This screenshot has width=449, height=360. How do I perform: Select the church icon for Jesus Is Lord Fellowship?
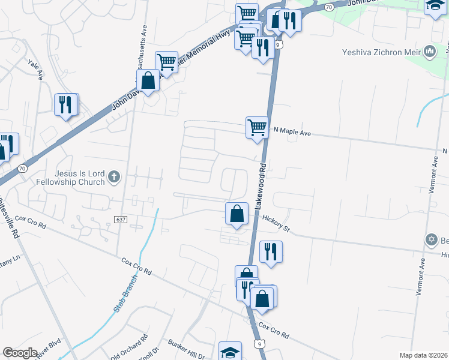[x=115, y=176]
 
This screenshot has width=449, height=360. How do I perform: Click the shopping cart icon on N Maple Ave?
[x=257, y=128]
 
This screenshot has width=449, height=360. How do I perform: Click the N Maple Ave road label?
[x=292, y=131]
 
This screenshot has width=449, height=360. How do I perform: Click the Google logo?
[x=20, y=353]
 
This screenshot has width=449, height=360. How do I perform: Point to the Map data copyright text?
[x=423, y=355]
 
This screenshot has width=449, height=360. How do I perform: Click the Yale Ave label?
[x=37, y=70]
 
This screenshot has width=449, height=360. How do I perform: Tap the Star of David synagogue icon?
[x=430, y=241]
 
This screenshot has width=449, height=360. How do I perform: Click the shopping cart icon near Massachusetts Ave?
[x=166, y=62]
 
